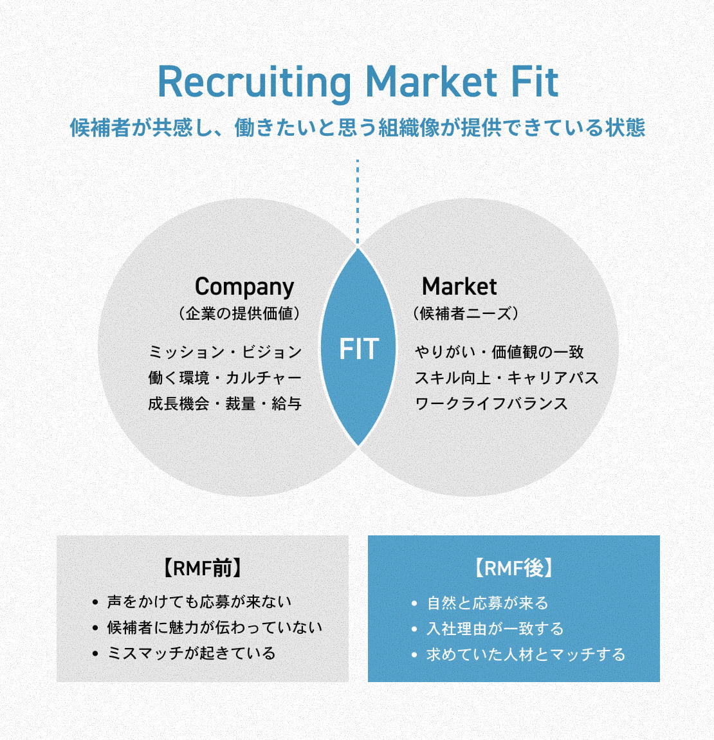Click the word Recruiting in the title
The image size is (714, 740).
pos(254,83)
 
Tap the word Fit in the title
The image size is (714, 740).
pos(535,82)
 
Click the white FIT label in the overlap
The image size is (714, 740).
pos(359,349)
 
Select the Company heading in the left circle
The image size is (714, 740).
pos(244,288)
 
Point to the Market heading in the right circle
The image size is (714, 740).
pos(459,286)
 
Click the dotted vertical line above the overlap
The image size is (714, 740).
pos(358,203)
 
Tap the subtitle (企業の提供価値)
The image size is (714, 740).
pos(239,313)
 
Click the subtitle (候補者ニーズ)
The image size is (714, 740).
pos(466,313)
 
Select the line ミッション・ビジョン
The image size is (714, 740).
pos(225,352)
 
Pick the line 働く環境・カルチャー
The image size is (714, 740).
pos(225,378)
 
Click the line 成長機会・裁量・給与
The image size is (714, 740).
pos(225,403)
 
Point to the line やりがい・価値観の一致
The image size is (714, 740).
pos(499,352)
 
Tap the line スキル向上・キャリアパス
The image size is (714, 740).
pos(506,378)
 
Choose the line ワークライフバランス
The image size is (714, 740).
pos(491,403)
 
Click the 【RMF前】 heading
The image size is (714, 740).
pos(203,568)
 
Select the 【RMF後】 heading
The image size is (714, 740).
pos(514,568)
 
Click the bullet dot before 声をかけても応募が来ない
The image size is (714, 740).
pos(95,602)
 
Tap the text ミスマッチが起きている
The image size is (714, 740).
pos(191,653)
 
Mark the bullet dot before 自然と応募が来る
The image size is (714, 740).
pos(414,603)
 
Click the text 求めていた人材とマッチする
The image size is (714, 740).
pos(526,654)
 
